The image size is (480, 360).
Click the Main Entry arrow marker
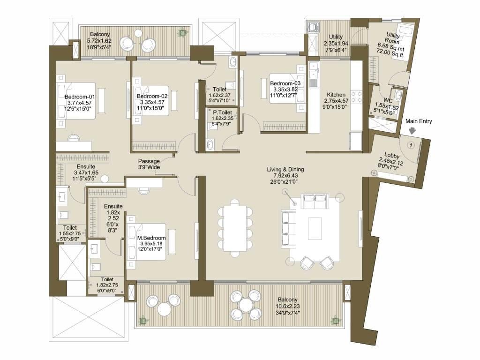412,131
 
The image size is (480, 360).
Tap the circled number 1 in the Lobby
411,144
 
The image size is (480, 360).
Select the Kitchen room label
336,95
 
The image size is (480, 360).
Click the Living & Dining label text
285,169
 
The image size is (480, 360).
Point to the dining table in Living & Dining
235,229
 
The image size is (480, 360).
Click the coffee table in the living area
315,228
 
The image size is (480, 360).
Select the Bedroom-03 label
285,83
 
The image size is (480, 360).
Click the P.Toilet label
223,112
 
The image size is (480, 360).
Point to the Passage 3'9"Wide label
149,164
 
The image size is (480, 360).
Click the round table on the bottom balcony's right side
246,305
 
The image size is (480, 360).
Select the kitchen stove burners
356,96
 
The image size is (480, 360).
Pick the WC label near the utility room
388,100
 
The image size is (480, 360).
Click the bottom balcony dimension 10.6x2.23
287,306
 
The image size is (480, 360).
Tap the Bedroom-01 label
80,97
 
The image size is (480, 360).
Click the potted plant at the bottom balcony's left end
142,321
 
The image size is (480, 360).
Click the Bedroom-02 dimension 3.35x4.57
152,102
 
